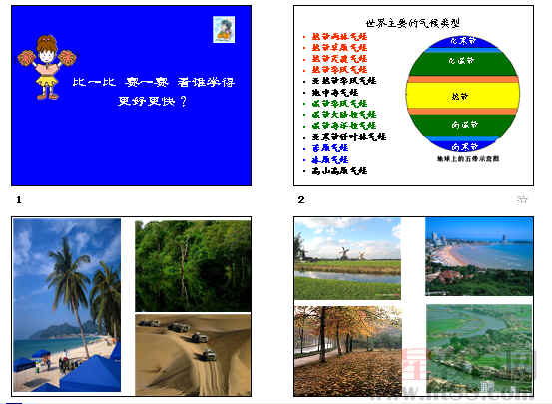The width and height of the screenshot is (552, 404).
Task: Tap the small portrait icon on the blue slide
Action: click(226, 29)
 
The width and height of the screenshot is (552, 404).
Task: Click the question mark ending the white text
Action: click(185, 101)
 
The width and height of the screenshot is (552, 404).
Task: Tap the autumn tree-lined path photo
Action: click(347, 349)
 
